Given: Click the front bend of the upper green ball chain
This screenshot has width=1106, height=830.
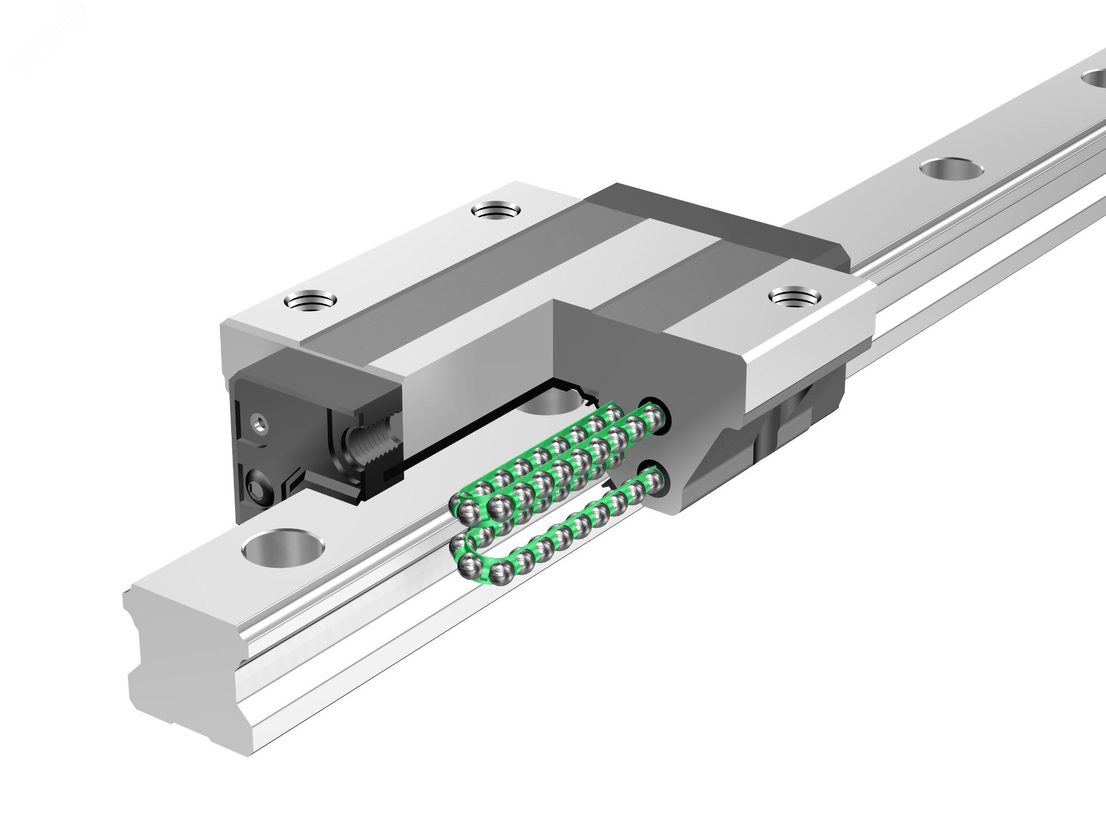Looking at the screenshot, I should click(459, 507).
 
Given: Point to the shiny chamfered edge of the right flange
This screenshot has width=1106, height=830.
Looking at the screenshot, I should click(807, 354).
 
